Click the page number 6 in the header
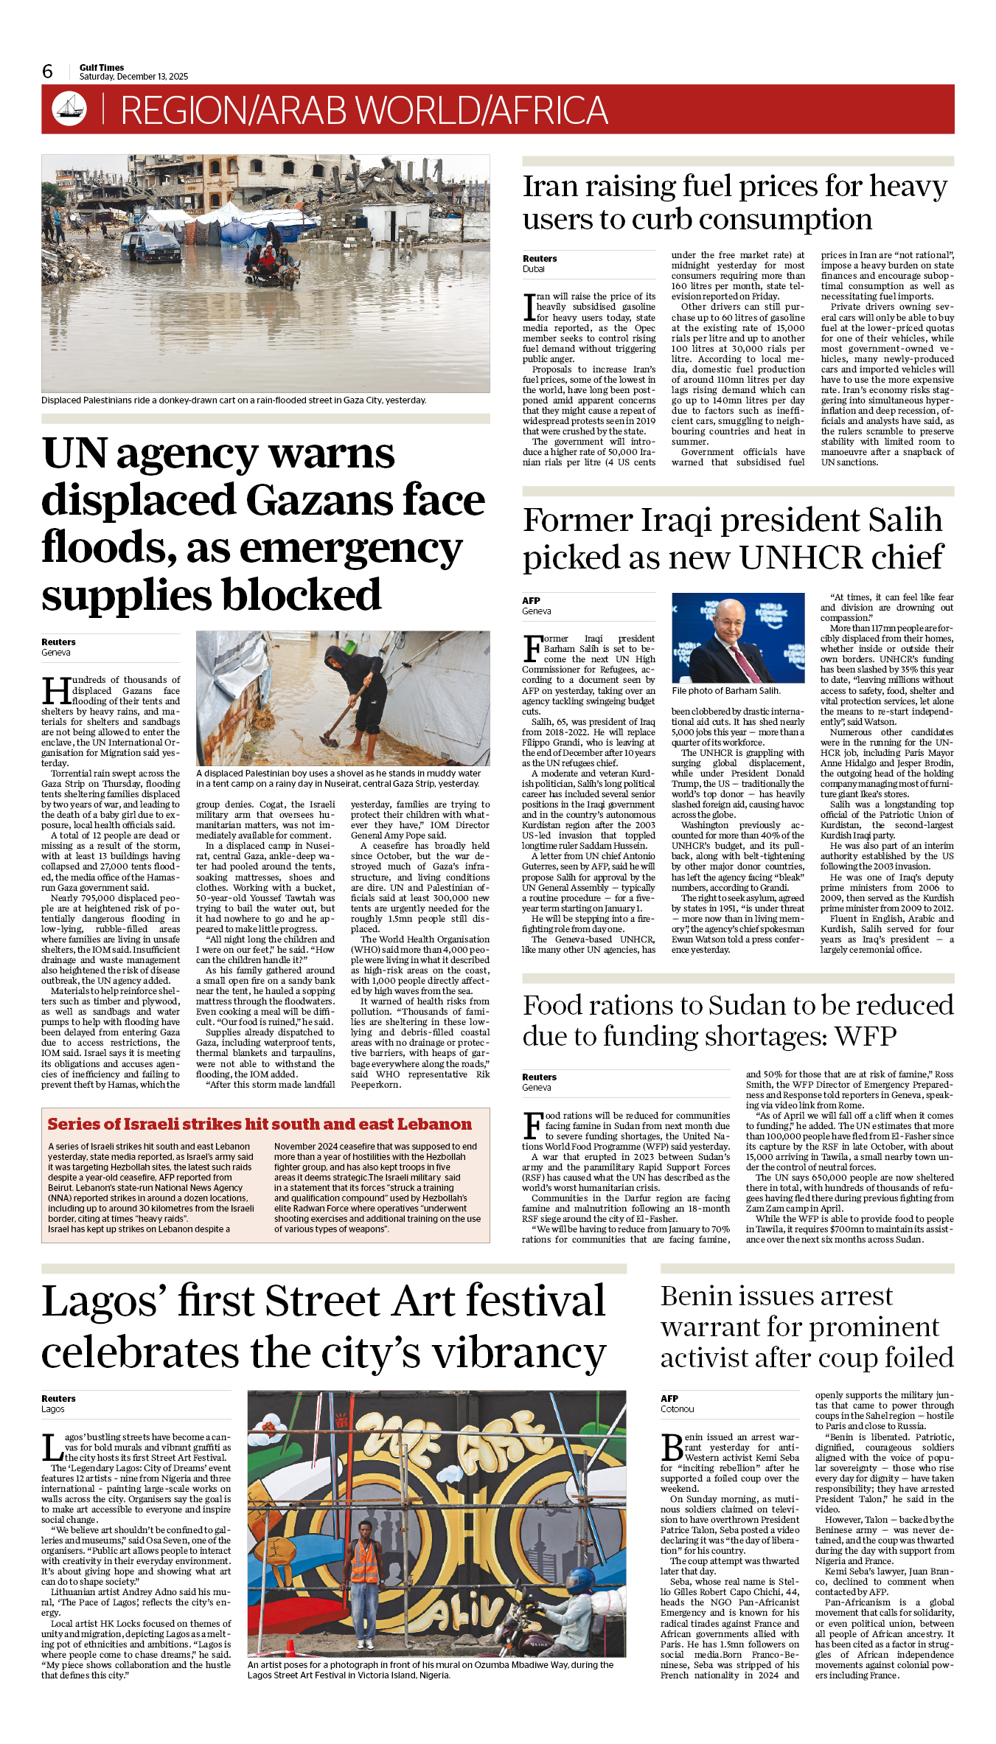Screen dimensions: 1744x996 48,72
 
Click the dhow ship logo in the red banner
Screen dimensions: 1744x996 69,108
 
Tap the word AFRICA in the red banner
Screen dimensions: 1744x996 548,111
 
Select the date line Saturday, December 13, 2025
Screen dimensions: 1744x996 133,77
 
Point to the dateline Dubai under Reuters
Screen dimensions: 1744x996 533,269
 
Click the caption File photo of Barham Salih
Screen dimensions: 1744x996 725,691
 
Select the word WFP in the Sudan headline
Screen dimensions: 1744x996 866,1036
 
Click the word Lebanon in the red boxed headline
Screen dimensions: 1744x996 434,1125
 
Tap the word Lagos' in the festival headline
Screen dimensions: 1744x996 104,1301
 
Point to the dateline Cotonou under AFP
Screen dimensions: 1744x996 677,1409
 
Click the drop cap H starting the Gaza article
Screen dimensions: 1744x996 55,692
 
